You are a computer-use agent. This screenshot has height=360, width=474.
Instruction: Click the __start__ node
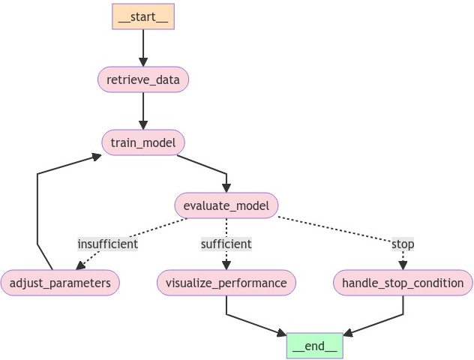(143, 16)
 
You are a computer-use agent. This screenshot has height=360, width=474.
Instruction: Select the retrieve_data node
(142, 79)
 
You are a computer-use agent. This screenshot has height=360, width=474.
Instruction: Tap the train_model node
(142, 142)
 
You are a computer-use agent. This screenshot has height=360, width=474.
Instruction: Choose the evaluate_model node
(226, 205)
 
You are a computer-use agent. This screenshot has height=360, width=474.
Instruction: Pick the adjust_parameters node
(60, 283)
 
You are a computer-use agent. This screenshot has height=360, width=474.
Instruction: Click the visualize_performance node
(226, 283)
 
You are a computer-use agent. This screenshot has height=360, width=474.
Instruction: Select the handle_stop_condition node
(403, 283)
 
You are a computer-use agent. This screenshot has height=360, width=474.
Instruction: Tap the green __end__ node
(314, 346)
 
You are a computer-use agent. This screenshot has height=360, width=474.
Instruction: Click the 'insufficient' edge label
(108, 244)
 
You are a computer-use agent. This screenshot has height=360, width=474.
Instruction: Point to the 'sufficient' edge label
(226, 244)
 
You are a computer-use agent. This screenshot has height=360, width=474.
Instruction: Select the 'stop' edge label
(403, 244)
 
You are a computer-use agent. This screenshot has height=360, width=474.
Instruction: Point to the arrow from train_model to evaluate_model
(210, 169)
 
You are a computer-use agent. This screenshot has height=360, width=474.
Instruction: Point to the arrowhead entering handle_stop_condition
(403, 265)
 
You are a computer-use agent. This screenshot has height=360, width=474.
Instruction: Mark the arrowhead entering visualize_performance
(226, 265)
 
